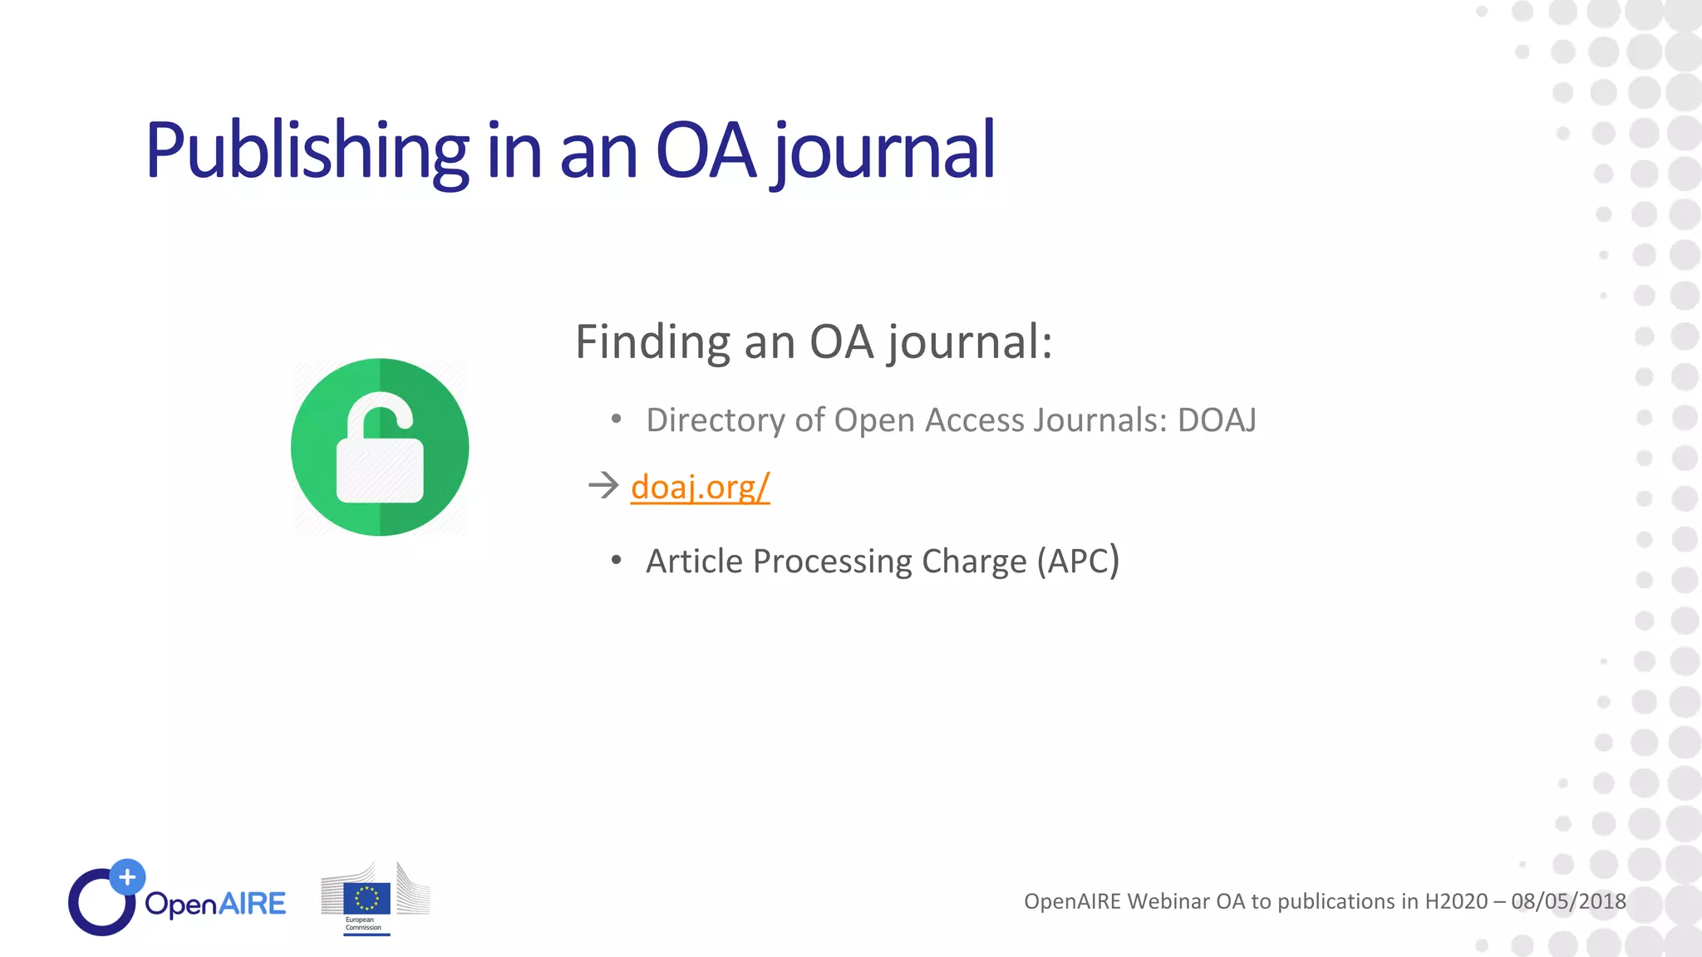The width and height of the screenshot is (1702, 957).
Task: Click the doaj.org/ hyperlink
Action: (x=700, y=487)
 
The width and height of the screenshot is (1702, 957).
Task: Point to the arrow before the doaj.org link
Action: (x=603, y=485)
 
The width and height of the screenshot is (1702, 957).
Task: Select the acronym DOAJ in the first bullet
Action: (x=1217, y=420)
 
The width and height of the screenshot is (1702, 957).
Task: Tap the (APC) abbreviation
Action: (x=1078, y=561)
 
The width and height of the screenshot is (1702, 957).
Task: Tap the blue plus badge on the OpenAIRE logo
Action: (x=127, y=876)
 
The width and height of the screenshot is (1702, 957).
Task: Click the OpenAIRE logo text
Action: (x=215, y=903)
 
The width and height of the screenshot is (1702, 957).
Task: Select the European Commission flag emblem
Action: (x=366, y=899)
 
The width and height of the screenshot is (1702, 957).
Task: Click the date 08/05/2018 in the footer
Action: (x=1568, y=901)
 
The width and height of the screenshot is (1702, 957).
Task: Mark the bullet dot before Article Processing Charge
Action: (x=616, y=561)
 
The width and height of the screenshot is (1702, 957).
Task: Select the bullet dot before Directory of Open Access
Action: (x=616, y=420)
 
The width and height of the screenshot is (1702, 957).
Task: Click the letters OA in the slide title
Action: (x=706, y=151)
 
